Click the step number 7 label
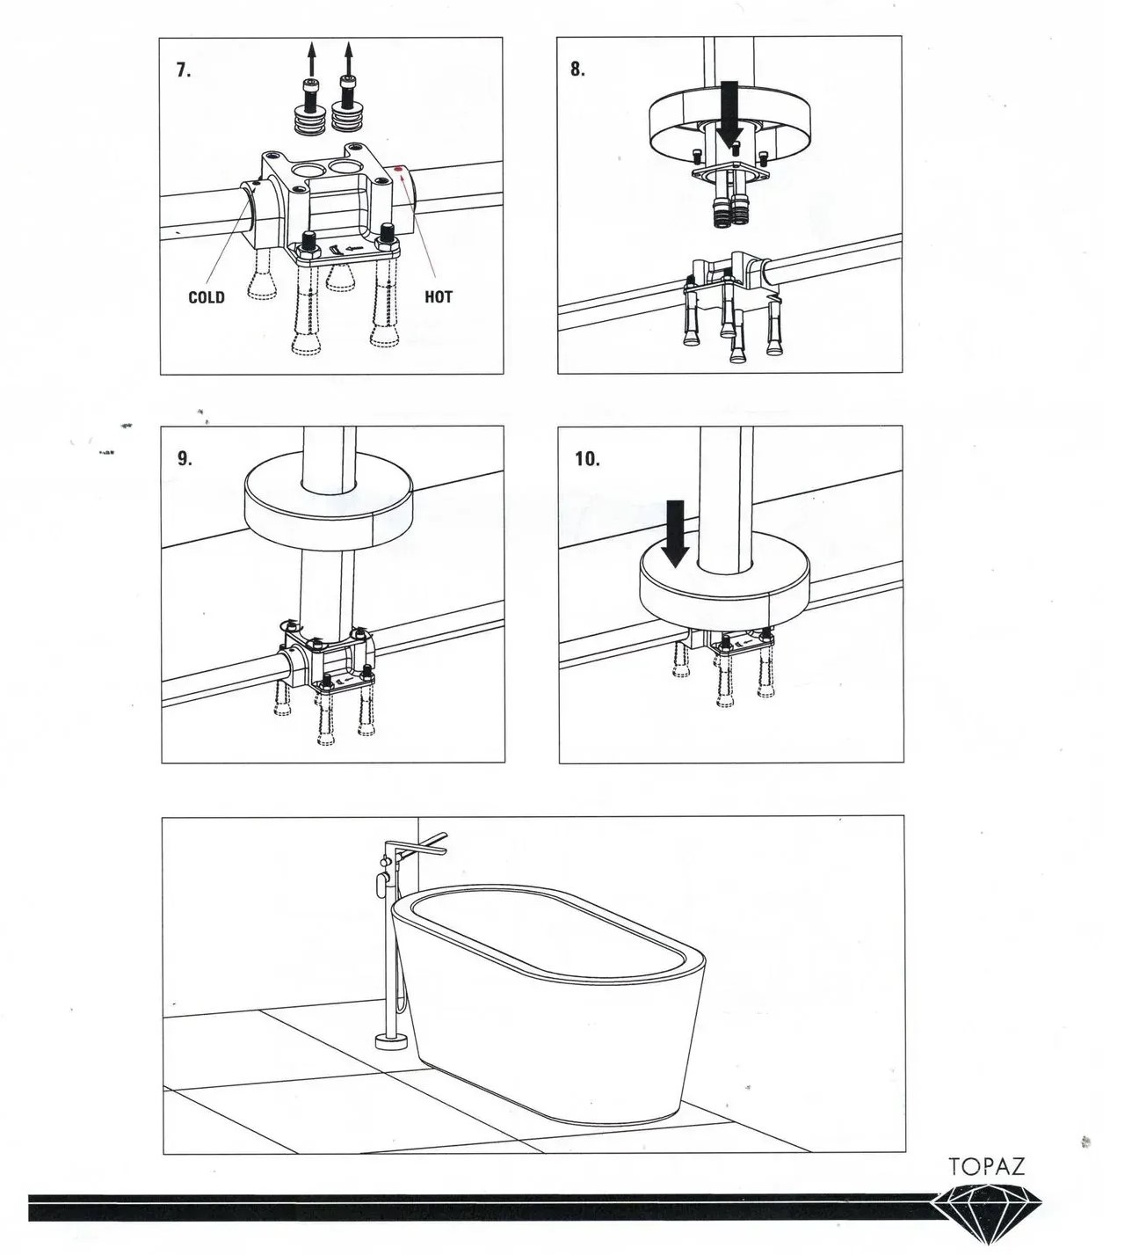(x=184, y=70)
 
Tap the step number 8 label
(x=577, y=69)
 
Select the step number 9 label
(x=185, y=458)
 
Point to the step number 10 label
(x=587, y=459)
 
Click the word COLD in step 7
(x=207, y=296)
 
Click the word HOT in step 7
(x=438, y=296)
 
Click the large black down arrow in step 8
(x=728, y=114)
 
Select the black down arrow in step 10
(x=675, y=534)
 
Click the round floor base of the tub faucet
(x=391, y=1041)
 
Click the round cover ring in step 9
(x=329, y=506)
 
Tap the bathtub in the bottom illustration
(x=548, y=1001)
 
